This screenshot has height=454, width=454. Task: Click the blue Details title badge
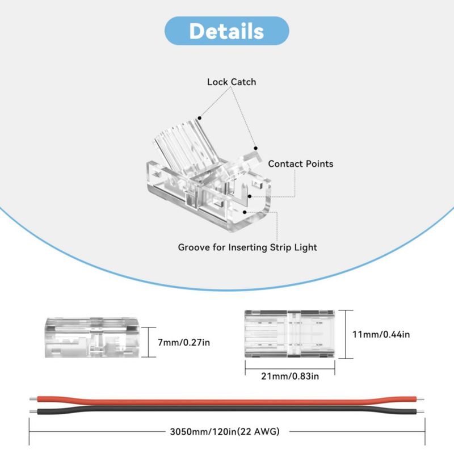tap(226, 31)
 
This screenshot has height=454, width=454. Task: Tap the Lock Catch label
tap(232, 82)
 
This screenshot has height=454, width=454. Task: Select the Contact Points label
tap(301, 164)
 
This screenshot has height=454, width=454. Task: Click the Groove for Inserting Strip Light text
tap(247, 247)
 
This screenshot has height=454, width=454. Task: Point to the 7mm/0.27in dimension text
tap(184, 343)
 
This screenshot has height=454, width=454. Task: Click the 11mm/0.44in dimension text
tap(381, 334)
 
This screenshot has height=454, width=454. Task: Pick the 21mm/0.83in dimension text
tap(290, 376)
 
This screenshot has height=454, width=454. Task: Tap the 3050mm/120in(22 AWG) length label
tap(225, 432)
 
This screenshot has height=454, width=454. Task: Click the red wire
tap(226, 401)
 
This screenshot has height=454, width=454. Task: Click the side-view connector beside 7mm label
tap(92, 337)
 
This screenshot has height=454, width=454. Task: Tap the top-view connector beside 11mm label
tap(289, 334)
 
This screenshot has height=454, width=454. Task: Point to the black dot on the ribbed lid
tap(200, 118)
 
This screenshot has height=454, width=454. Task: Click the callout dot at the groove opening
tap(245, 212)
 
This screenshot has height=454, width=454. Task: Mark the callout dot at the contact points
tap(250, 196)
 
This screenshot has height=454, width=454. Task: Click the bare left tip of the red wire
tap(33, 400)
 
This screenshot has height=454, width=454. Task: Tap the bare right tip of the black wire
tap(421, 411)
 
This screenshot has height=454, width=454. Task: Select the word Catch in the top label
tap(243, 82)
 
